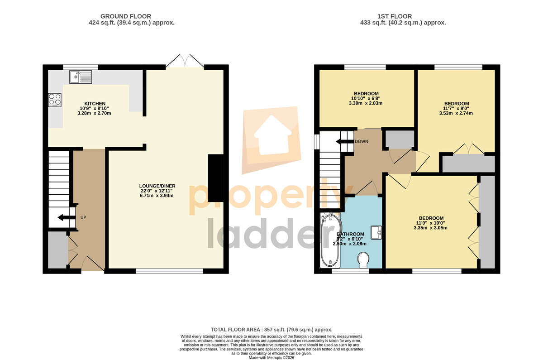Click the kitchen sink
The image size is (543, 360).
[x=81, y=77]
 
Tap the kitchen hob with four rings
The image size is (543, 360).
[x=55, y=100]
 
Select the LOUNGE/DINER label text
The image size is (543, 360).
[x=157, y=186]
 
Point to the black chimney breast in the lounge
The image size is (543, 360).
[x=215, y=178]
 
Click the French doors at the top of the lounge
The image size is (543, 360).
[x=185, y=61]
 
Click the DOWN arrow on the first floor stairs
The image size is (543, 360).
[x=344, y=142]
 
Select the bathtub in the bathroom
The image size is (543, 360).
[x=330, y=240]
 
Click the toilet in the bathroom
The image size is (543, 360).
[x=363, y=260]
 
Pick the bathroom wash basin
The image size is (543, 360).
[x=376, y=232]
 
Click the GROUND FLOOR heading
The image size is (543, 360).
[x=126, y=16]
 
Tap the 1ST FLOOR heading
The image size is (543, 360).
[x=395, y=16]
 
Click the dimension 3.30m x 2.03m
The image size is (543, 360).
[x=366, y=103]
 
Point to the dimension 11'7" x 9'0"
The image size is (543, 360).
[x=456, y=108]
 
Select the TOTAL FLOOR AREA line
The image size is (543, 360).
[x=271, y=330]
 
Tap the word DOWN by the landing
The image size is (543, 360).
[x=362, y=141]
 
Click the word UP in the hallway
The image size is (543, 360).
[x=83, y=217]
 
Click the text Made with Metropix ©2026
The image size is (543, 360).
[x=271, y=358]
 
